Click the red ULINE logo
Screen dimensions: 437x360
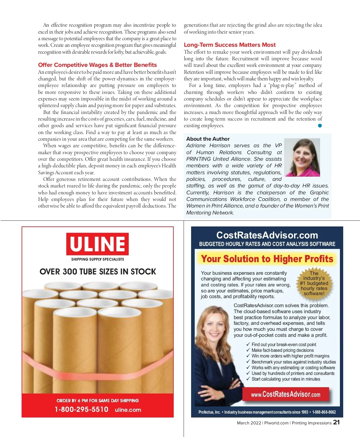97,244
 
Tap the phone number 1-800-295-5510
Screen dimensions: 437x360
81,409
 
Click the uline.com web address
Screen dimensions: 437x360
128,410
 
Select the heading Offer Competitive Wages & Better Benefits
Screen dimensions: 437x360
97,65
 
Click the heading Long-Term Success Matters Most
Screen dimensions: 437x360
229,45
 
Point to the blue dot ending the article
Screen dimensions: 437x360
320,126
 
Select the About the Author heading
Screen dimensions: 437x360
208,139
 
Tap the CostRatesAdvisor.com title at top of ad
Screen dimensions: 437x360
267,235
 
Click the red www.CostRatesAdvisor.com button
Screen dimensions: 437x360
286,394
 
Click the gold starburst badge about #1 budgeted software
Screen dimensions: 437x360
314,283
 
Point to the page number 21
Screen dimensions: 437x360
336,422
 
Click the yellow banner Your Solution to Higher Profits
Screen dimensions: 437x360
267,259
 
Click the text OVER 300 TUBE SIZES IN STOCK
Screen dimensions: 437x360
97,272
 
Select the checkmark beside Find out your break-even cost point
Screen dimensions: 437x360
248,344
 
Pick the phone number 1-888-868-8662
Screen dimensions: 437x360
324,412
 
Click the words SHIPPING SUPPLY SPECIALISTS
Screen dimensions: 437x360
97,259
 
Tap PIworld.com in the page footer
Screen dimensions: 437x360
276,423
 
